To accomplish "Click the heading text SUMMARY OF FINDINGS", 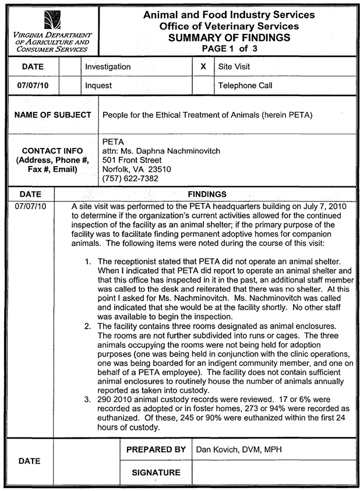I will click(x=229, y=38).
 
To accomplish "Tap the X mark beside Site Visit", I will click(x=203, y=67).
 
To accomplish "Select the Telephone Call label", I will click(x=245, y=86).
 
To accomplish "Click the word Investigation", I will click(x=108, y=67).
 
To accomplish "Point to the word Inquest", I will click(x=98, y=86).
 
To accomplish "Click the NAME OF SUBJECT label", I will click(x=52, y=115).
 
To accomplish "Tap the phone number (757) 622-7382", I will click(x=130, y=178).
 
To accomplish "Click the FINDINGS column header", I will click(x=207, y=194).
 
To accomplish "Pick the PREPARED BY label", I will click(x=156, y=450).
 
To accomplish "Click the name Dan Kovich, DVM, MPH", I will click(x=238, y=450).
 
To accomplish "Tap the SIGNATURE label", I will click(x=156, y=472).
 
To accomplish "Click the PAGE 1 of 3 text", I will click(x=229, y=48).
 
